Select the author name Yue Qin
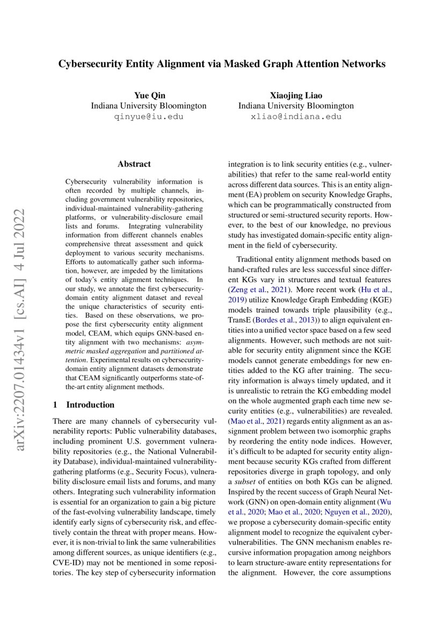click(x=148, y=95)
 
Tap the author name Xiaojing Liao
click(x=296, y=95)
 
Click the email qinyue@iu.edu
click(x=148, y=117)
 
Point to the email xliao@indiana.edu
click(x=296, y=117)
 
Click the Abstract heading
click(x=134, y=164)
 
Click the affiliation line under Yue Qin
click(x=148, y=106)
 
